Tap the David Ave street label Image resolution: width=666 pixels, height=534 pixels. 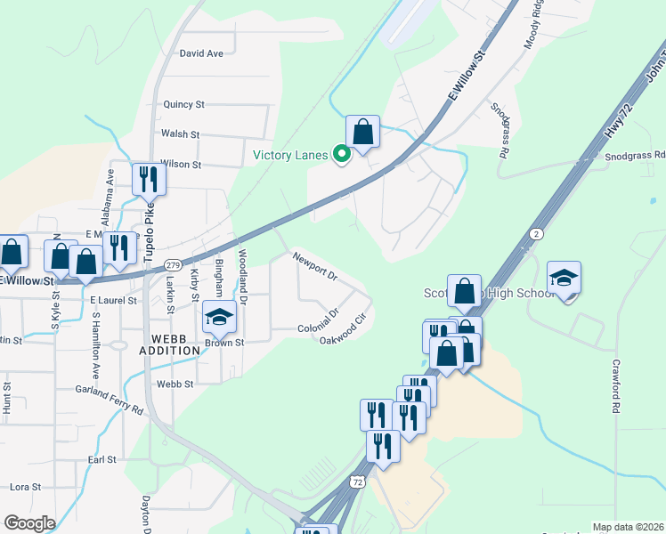(x=201, y=53)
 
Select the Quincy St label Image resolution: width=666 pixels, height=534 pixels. (x=183, y=104)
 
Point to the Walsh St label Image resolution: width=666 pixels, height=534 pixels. (x=180, y=134)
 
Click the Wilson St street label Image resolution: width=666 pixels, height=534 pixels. (x=181, y=165)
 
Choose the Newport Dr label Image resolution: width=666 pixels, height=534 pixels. (x=315, y=266)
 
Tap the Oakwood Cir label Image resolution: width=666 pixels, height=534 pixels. (x=343, y=330)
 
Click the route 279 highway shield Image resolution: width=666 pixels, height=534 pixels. (x=174, y=265)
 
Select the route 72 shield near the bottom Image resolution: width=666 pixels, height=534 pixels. (x=357, y=481)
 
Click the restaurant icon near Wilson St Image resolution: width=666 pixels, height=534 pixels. (x=146, y=179)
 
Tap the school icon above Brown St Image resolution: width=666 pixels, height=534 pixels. (x=219, y=316)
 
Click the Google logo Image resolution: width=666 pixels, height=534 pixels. (x=28, y=523)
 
